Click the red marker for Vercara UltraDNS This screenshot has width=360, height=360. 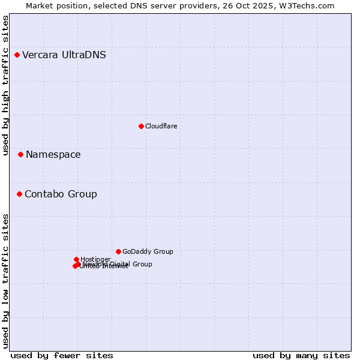(x=17, y=55)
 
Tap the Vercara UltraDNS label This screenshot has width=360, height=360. (x=64, y=55)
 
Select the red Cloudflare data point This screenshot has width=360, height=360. (x=141, y=126)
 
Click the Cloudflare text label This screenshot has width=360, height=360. (x=161, y=126)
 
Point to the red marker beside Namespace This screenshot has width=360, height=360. (x=20, y=155)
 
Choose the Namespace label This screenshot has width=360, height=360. (x=53, y=155)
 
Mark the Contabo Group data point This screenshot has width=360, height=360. (x=20, y=194)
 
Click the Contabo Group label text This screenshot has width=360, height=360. (x=61, y=194)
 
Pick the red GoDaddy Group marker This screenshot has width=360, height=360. (x=118, y=251)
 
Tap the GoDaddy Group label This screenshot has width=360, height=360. (x=148, y=251)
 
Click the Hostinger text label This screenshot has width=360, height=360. (x=95, y=259)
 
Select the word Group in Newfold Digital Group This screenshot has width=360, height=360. (x=142, y=264)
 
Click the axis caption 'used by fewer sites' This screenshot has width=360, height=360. (x=62, y=356)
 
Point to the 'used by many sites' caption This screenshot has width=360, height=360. (x=301, y=356)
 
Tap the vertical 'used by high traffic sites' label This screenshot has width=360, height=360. (x=5, y=86)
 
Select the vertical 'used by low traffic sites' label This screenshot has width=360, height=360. (x=5, y=281)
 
